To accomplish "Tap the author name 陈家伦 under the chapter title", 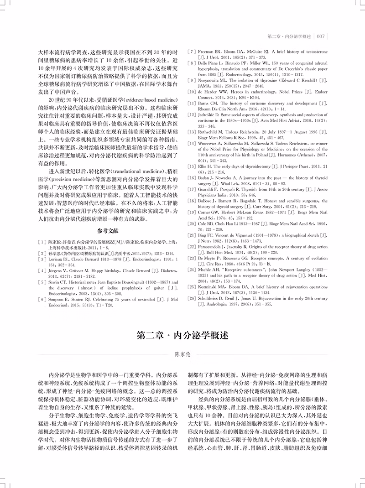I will coord(182,354).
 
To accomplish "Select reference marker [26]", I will coord(192,298).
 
